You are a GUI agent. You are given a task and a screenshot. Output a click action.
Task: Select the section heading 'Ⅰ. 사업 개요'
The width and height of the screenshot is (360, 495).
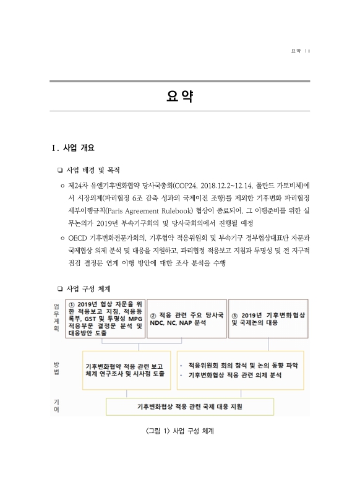pyautogui.click(x=73, y=147)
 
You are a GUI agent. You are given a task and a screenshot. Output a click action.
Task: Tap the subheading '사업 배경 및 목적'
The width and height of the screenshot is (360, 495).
pyautogui.click(x=93, y=170)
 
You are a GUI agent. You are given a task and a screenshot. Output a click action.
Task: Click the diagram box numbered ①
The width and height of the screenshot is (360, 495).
pyautogui.click(x=105, y=318)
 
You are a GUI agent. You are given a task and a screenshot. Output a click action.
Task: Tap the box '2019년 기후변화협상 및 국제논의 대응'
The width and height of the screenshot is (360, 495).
pyautogui.click(x=268, y=319)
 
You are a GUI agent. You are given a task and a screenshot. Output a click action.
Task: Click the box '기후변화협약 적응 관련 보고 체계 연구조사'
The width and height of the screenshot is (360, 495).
pyautogui.click(x=126, y=370)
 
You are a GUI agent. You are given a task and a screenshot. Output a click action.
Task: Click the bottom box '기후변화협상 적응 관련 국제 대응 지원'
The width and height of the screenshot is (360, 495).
pyautogui.click(x=190, y=407)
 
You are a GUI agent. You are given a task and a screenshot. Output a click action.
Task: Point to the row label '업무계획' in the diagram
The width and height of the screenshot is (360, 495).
pyautogui.click(x=57, y=318)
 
